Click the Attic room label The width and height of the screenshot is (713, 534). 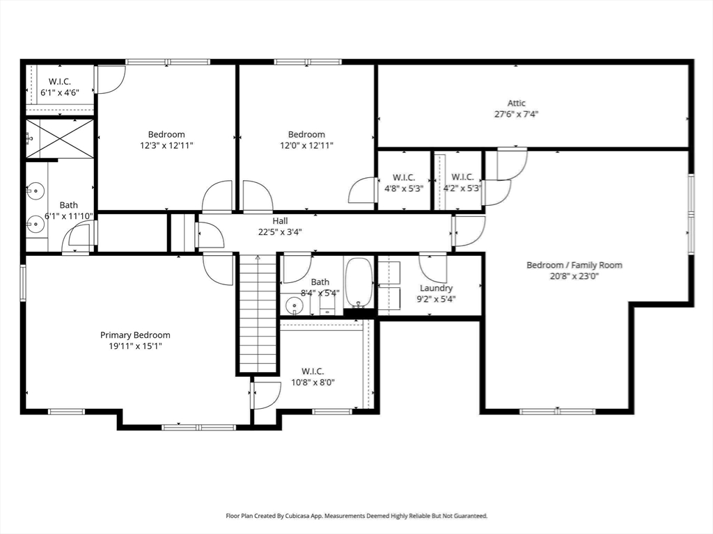click(516, 103)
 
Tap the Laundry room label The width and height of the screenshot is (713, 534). click(437, 288)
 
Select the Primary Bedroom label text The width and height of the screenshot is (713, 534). click(135, 335)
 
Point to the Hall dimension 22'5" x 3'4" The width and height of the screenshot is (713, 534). click(280, 232)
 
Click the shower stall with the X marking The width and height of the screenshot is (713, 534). click(60, 139)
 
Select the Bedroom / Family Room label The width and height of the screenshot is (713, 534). click(574, 265)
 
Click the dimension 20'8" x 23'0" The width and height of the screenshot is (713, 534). click(574, 275)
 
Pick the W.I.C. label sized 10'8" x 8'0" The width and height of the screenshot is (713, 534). click(313, 371)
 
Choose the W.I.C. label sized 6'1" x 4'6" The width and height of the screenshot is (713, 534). click(60, 81)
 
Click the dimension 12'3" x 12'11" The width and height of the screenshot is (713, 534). click(166, 145)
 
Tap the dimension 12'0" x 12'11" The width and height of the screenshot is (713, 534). click(306, 145)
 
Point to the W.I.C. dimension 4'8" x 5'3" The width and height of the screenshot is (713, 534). click(403, 188)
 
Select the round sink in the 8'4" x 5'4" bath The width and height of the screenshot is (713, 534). click(295, 305)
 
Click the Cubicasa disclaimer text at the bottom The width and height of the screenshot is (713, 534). click(356, 516)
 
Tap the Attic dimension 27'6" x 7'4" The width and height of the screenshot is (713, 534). click(516, 114)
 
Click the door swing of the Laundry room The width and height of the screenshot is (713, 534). click(433, 266)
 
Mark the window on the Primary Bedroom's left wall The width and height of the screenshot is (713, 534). click(23, 282)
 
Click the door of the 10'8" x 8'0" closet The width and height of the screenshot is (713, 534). click(265, 395)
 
